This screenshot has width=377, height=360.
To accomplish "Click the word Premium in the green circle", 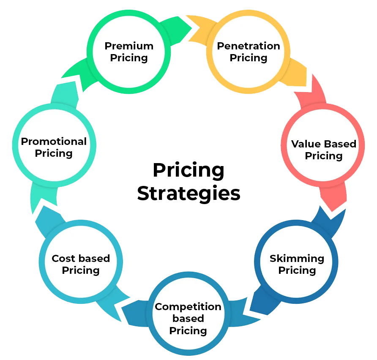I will click(x=129, y=46).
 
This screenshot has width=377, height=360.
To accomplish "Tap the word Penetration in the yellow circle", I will click(x=249, y=46).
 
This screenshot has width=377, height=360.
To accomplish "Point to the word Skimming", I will click(x=297, y=258).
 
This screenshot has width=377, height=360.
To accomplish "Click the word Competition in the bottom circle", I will click(x=188, y=307).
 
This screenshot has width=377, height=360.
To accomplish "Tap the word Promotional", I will click(x=54, y=141).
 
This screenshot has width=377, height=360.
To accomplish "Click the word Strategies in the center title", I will click(x=188, y=193).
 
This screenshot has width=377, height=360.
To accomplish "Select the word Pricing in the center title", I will click(x=188, y=171).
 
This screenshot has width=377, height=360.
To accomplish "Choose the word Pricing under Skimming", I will click(x=297, y=270).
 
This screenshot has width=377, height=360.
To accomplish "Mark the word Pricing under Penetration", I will click(x=249, y=57).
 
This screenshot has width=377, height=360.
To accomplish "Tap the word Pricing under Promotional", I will click(x=54, y=153).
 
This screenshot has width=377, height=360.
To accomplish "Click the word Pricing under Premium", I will click(x=129, y=57).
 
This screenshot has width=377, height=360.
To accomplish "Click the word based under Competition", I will click(x=188, y=319).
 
